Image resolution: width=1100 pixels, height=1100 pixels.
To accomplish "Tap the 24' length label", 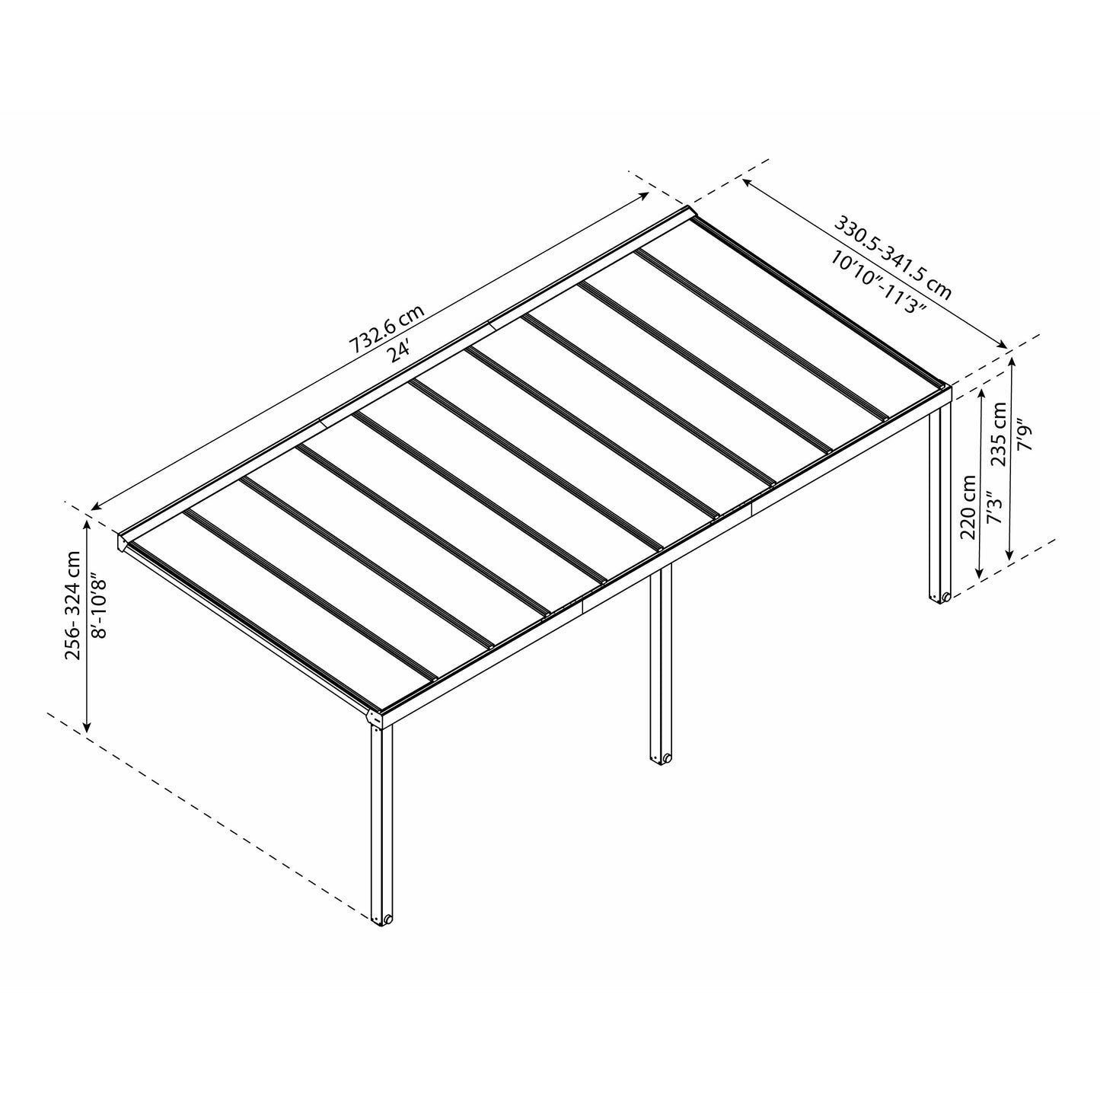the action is coord(402,352).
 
